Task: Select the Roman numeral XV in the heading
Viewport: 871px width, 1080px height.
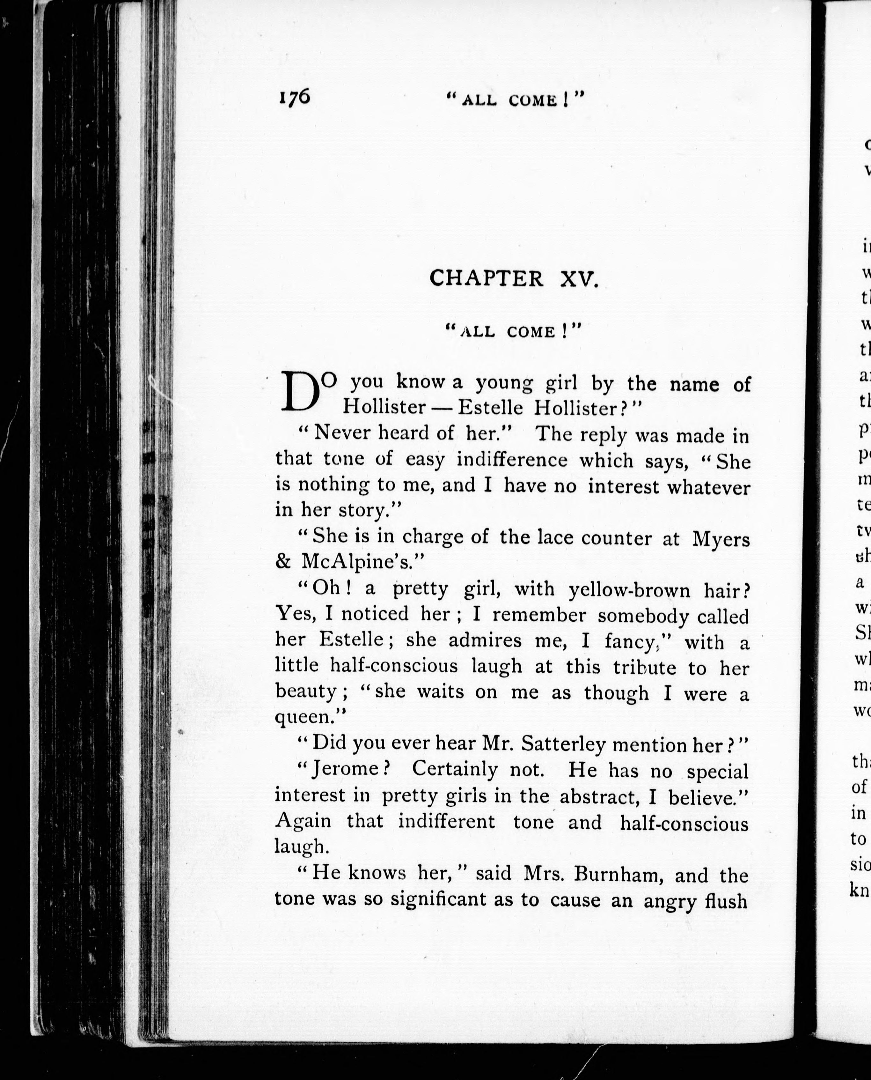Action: pyautogui.click(x=579, y=278)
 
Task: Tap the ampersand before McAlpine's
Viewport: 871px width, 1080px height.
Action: pyautogui.click(x=283, y=562)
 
